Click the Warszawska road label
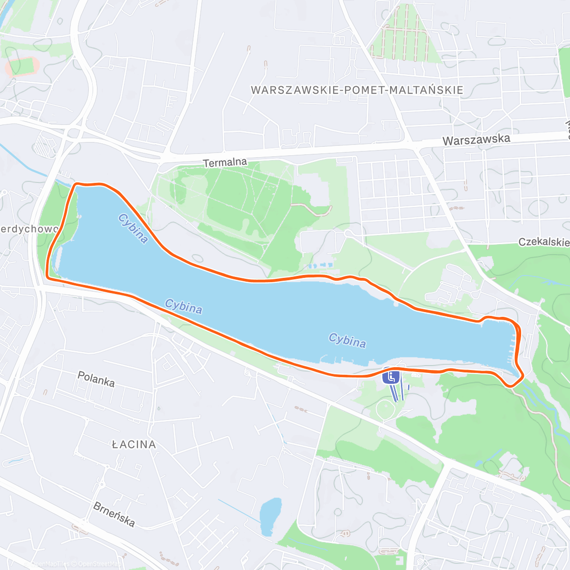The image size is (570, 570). pyautogui.click(x=476, y=140)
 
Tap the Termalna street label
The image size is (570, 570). pyautogui.click(x=225, y=162)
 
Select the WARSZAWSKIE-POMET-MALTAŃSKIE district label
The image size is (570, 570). pyautogui.click(x=357, y=90)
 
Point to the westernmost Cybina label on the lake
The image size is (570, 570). pyautogui.click(x=133, y=228)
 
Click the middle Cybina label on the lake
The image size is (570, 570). pyautogui.click(x=183, y=306)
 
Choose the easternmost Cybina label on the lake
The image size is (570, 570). pyautogui.click(x=347, y=340)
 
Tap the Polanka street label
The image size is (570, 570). pyautogui.click(x=96, y=379)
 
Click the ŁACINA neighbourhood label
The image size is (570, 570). pyautogui.click(x=134, y=445)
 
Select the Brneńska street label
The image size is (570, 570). pyautogui.click(x=114, y=514)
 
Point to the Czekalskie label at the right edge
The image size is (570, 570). pyautogui.click(x=543, y=242)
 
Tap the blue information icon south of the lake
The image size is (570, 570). pyautogui.click(x=391, y=377)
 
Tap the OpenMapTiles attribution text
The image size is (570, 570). pyautogui.click(x=50, y=564)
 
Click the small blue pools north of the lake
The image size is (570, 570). pyautogui.click(x=321, y=264)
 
